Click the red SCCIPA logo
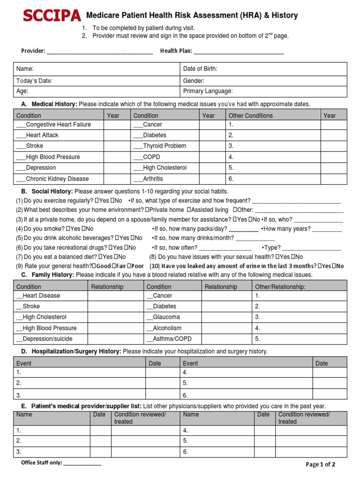[x=52, y=16]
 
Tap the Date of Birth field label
[x=200, y=69]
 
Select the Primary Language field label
[x=208, y=91]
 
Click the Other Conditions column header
[x=250, y=115]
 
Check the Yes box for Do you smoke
[x=68, y=229]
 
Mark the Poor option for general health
[x=128, y=266]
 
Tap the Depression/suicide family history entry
[x=45, y=339]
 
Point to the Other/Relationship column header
[x=280, y=286]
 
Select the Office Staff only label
[x=41, y=463]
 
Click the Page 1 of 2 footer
[x=320, y=465]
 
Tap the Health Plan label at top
[x=176, y=51]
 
